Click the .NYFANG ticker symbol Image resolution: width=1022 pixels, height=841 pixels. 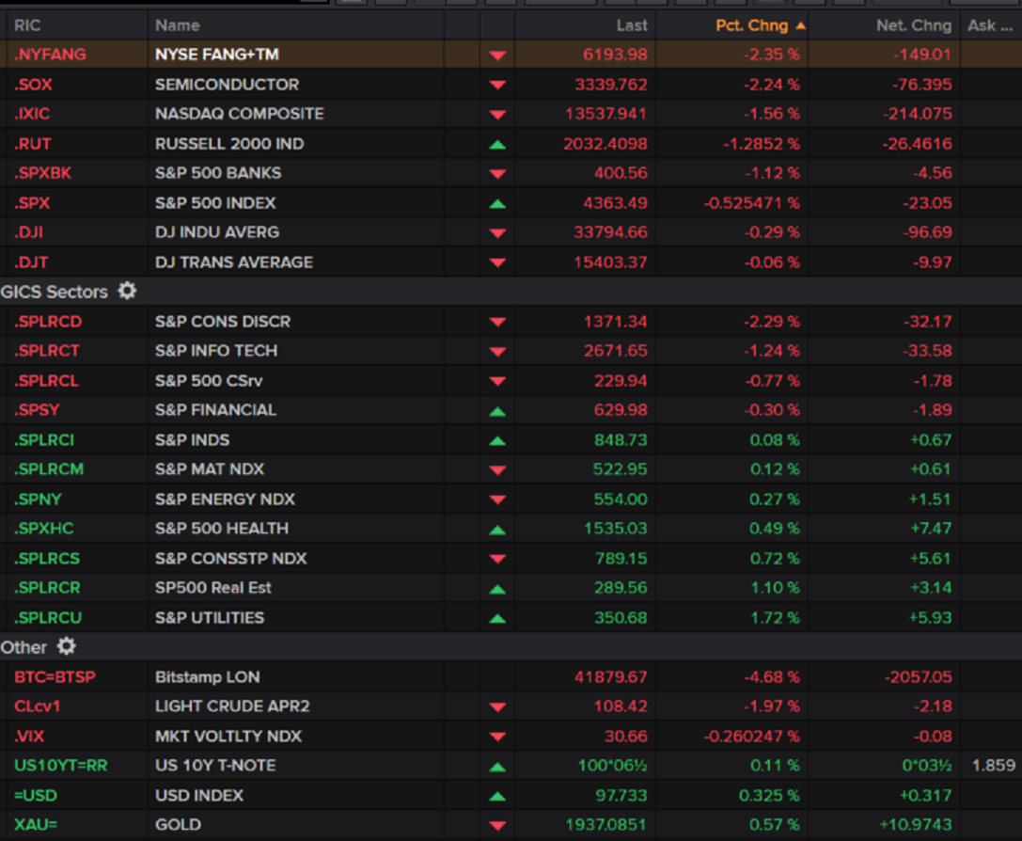50,55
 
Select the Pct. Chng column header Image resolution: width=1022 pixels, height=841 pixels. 752,25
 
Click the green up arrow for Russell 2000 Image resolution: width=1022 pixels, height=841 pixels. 497,144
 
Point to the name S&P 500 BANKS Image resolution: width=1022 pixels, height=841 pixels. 218,173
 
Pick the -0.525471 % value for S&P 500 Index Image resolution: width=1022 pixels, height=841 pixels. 751,203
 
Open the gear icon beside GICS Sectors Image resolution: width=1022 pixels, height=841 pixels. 127,291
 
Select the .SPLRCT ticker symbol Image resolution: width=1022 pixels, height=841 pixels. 47,351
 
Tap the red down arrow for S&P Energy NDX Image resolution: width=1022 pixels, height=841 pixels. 497,500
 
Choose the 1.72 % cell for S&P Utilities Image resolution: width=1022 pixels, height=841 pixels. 775,618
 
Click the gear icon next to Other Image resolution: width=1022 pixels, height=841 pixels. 66,646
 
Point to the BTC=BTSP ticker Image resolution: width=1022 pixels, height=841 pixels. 55,677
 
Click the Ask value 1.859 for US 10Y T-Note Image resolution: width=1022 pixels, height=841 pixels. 993,766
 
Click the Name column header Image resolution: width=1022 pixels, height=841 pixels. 178,25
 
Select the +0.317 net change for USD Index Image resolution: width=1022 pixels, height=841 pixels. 925,796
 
